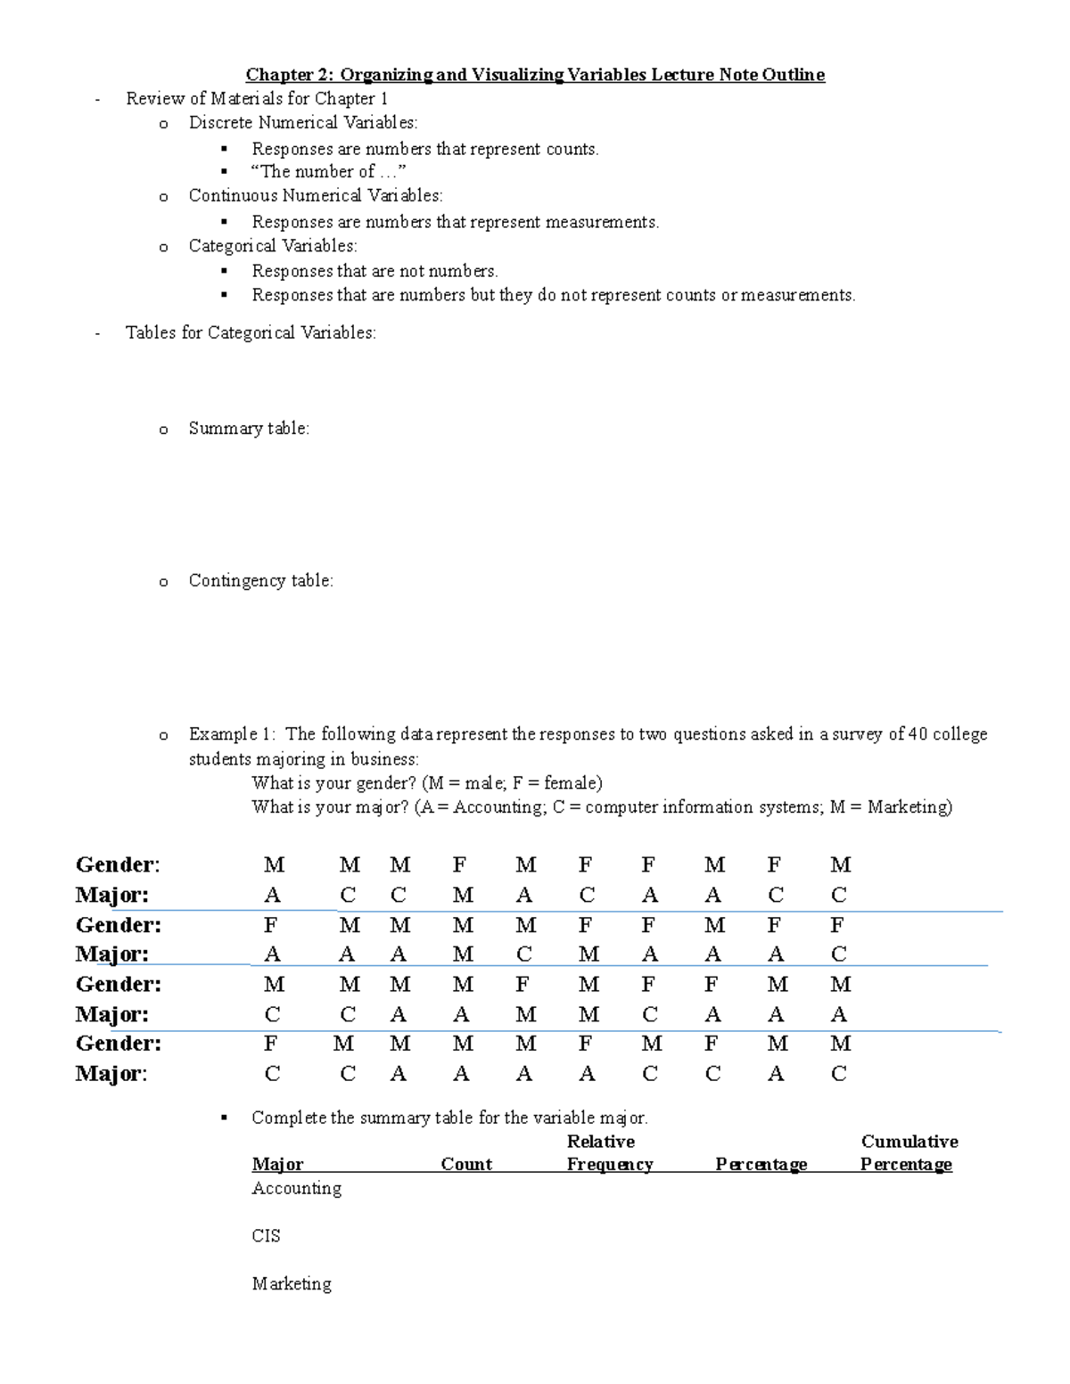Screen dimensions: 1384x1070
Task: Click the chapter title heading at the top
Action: (x=535, y=75)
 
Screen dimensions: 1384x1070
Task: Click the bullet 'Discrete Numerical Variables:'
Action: (x=302, y=123)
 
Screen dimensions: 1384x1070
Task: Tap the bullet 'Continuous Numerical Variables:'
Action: (x=315, y=196)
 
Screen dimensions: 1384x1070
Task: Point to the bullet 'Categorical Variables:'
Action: (x=272, y=246)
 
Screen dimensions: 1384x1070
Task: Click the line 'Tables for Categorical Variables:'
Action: (x=251, y=333)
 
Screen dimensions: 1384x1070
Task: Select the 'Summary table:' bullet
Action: (x=249, y=429)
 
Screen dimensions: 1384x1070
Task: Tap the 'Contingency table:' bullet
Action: (x=260, y=581)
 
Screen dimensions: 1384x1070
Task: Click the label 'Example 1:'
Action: (x=232, y=734)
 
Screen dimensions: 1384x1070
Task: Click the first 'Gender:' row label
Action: (x=118, y=864)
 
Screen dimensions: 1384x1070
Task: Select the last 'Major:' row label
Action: (x=111, y=1074)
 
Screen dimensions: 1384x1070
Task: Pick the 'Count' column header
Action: (x=466, y=1165)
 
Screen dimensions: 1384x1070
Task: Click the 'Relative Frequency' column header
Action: (x=609, y=1153)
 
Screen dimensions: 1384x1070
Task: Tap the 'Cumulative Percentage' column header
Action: (x=908, y=1153)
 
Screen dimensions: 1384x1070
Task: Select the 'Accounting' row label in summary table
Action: (x=296, y=1189)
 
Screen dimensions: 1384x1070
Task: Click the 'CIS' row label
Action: (x=266, y=1236)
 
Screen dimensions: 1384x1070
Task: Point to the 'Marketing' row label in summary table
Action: (x=292, y=1284)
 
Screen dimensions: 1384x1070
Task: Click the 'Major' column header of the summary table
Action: (x=277, y=1165)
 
